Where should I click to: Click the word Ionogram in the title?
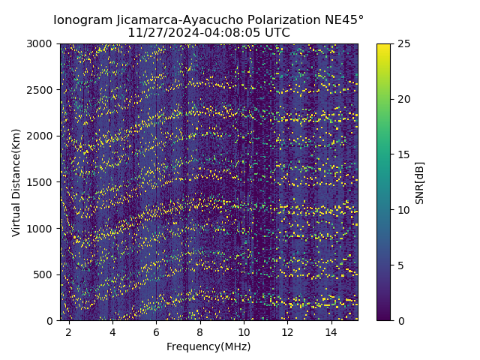click(82, 19)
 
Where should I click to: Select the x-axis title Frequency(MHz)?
click(208, 346)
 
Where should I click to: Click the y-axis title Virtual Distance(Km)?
click(16, 182)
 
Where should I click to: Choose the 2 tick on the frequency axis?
click(69, 331)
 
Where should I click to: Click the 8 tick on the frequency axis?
click(200, 331)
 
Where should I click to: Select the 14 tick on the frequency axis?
click(331, 331)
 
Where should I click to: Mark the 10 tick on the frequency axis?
click(244, 331)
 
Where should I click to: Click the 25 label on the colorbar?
click(403, 44)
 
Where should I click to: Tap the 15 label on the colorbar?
click(403, 154)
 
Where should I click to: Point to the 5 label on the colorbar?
click(400, 265)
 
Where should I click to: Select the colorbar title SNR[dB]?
click(420, 182)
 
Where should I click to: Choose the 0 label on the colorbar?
click(400, 321)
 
